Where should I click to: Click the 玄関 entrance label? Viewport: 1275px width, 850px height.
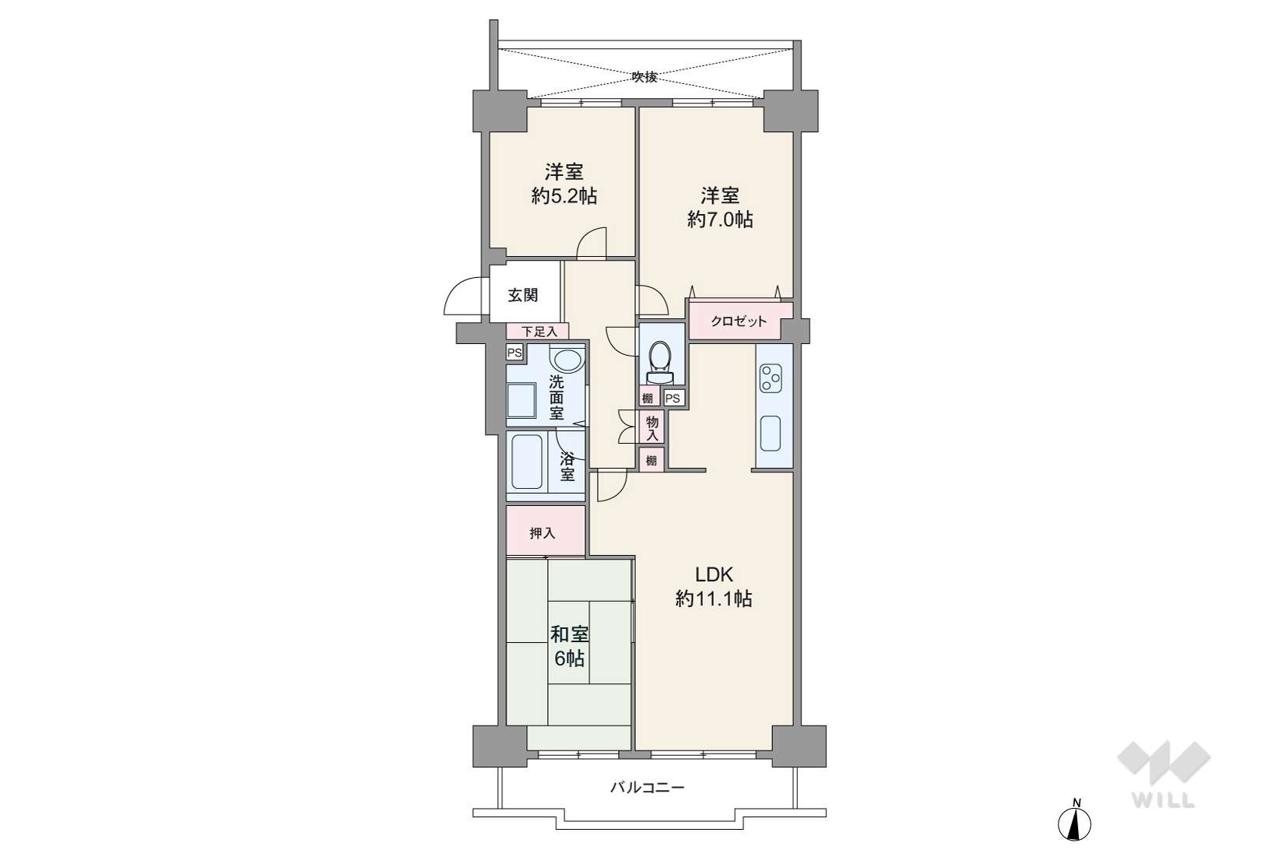[x=522, y=296]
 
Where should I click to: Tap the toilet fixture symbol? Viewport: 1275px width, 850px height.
[x=660, y=362]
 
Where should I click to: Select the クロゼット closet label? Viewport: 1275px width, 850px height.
[x=738, y=321]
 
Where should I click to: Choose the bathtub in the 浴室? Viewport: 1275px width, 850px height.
[x=526, y=462]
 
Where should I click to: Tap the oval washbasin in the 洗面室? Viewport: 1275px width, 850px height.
[x=567, y=360]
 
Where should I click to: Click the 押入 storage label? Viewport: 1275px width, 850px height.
[x=542, y=533]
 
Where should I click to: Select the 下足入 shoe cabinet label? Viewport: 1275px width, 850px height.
[x=539, y=332]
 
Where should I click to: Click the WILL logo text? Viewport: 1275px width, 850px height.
[x=1163, y=800]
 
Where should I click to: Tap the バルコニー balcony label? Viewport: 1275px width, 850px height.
[x=648, y=788]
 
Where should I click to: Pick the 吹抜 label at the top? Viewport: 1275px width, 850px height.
[x=645, y=76]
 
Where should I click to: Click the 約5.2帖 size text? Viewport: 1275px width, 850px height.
[x=564, y=196]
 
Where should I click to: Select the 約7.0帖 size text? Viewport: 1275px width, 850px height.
[x=720, y=220]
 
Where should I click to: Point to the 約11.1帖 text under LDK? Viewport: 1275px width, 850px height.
[x=714, y=599]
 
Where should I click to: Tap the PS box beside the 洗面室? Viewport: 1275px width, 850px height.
[x=515, y=353]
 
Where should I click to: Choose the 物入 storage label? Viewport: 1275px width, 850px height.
[x=652, y=428]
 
